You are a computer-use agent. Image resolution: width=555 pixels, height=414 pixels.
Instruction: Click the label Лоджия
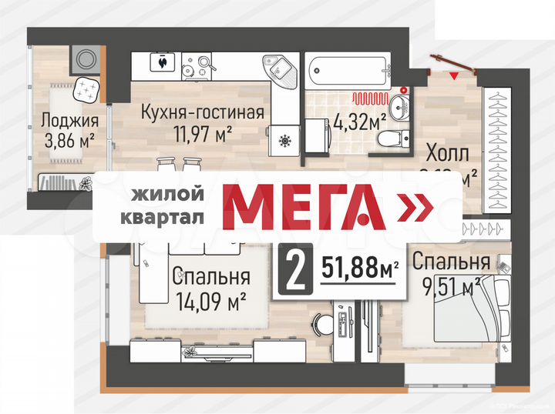(70, 121)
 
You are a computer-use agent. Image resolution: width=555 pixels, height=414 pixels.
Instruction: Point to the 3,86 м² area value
(69, 140)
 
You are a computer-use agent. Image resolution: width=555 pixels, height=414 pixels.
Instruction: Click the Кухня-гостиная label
(203, 112)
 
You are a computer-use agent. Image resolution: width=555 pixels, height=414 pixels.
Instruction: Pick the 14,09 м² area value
(211, 297)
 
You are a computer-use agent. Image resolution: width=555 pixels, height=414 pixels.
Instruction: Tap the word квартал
(163, 217)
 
